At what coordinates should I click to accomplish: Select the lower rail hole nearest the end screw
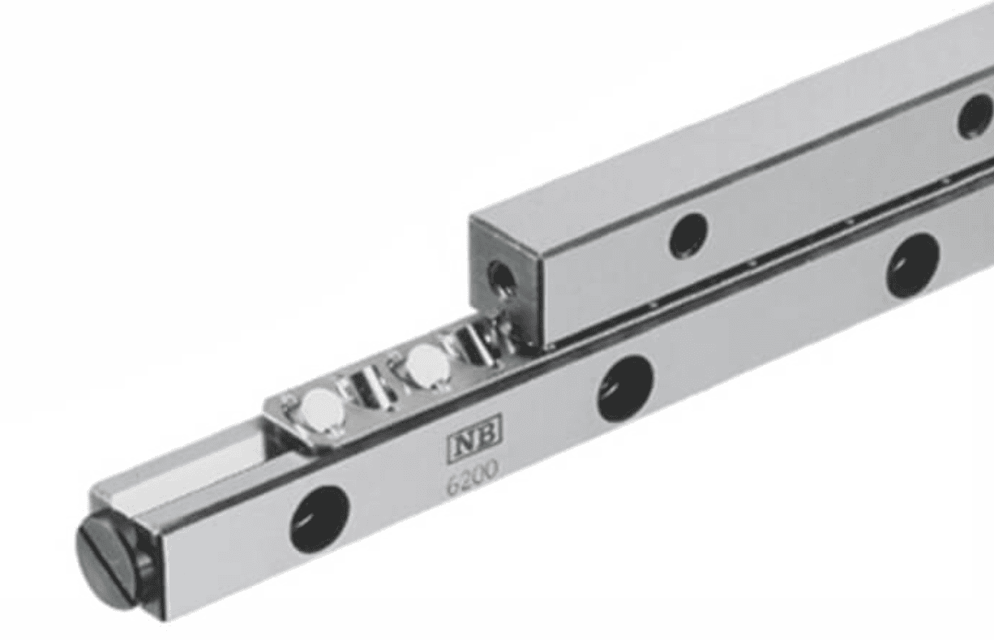(319, 519)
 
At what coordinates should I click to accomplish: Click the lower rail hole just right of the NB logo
(626, 389)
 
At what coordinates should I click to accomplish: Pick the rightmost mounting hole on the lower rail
(912, 265)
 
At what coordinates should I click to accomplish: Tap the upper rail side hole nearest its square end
(688, 236)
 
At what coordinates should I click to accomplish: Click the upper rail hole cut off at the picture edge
(976, 117)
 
